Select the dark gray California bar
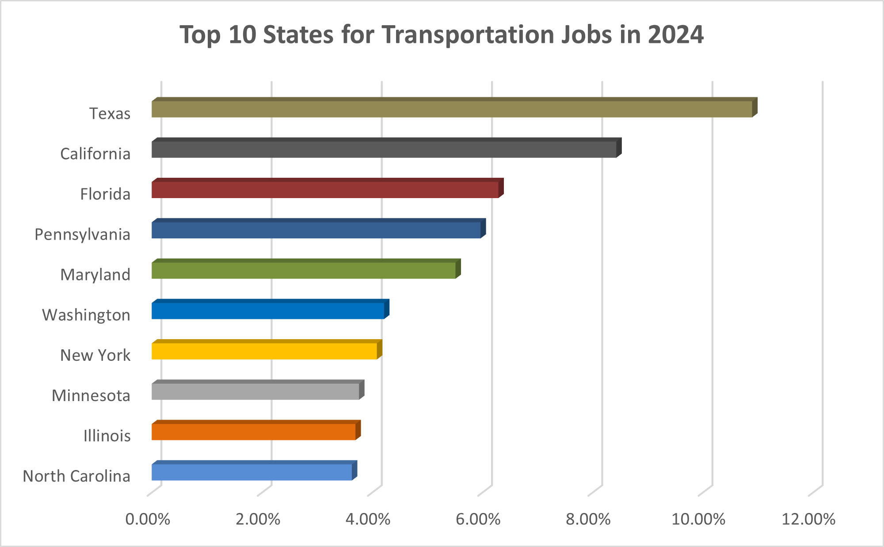(384, 149)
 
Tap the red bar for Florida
(325, 189)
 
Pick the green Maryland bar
(303, 270)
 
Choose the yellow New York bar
(264, 351)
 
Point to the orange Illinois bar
(253, 432)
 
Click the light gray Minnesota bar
(255, 391)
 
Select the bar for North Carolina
(251, 472)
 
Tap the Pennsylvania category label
(82, 234)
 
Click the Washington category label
(86, 315)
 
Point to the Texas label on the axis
(110, 114)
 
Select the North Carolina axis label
(76, 476)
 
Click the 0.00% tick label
(148, 519)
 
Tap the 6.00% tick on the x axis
(478, 519)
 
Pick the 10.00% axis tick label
(698, 519)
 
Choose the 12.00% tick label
(808, 519)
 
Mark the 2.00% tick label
(258, 519)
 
